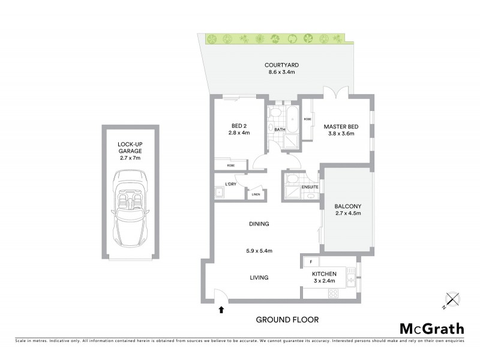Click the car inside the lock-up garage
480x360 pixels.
[130, 205]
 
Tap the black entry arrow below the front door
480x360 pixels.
[222, 310]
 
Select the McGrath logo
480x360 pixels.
[431, 328]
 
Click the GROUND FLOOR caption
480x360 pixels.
[287, 319]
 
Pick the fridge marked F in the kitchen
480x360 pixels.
[311, 262]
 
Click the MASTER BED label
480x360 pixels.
[341, 126]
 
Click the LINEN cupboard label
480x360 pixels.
[255, 194]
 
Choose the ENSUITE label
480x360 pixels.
[310, 187]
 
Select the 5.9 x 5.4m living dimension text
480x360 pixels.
[259, 251]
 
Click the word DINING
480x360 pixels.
[259, 224]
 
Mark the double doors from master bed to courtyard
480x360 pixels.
[335, 95]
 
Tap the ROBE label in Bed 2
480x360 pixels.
[231, 166]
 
